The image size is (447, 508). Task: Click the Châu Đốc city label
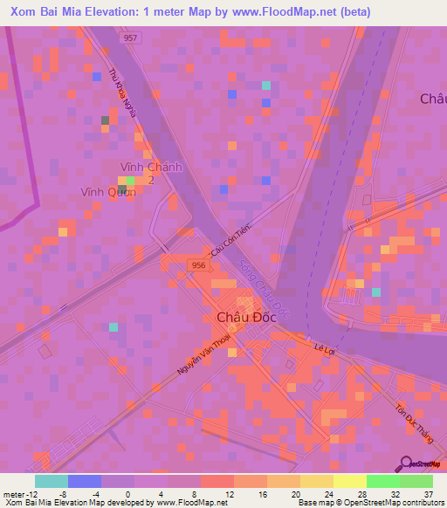coord(239,319)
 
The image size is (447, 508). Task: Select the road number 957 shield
coord(129,39)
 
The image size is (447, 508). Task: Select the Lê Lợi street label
coord(325,347)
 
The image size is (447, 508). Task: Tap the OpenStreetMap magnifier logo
coord(407,463)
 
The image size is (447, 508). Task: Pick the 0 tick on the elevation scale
coord(128,494)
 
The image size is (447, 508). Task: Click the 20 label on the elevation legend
coord(296,494)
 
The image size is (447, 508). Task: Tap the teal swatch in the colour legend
coord(52,481)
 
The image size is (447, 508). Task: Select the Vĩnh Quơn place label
coord(108,193)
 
